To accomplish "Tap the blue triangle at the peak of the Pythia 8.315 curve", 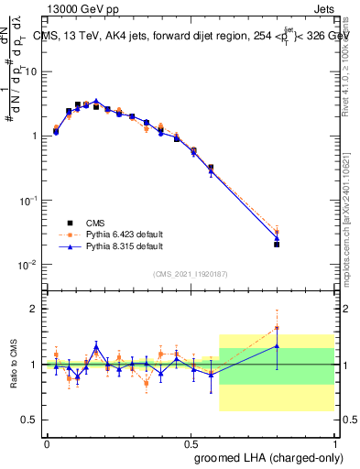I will click(x=95, y=102).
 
